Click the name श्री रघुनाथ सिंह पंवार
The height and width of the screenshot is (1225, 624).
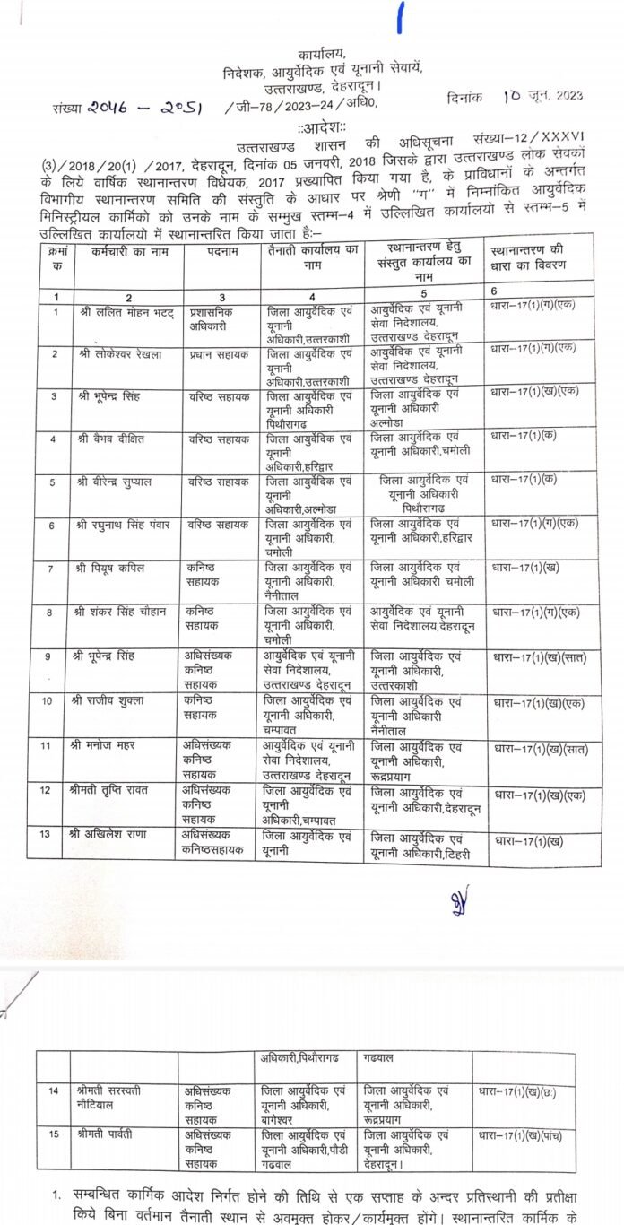pos(130,526)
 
